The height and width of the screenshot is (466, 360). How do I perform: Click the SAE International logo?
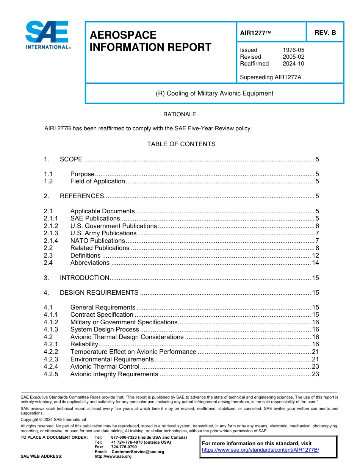pyautogui.click(x=47, y=35)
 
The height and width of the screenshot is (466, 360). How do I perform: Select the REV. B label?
pyautogui.click(x=325, y=33)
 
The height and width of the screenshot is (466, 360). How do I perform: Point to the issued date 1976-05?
pyautogui.click(x=293, y=50)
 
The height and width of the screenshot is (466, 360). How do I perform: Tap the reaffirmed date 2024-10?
pyautogui.click(x=293, y=64)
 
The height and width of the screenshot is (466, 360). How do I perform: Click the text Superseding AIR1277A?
pyautogui.click(x=271, y=77)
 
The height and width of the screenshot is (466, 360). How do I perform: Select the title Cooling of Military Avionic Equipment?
pyautogui.click(x=214, y=93)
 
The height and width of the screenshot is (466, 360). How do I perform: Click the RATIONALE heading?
pyautogui.click(x=180, y=114)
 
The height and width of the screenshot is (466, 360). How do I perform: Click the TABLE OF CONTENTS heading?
pyautogui.click(x=181, y=144)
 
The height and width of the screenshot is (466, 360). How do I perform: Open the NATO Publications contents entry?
pyautogui.click(x=97, y=241)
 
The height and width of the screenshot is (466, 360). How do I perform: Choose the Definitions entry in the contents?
pyautogui.click(x=85, y=255)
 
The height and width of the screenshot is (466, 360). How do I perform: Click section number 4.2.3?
pyautogui.click(x=51, y=359)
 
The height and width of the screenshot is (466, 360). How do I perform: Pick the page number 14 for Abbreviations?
pyautogui.click(x=315, y=263)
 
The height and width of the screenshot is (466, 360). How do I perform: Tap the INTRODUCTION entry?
pyautogui.click(x=85, y=278)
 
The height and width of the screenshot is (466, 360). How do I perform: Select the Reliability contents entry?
pyautogui.click(x=84, y=344)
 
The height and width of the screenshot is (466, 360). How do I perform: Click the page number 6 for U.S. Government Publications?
pyautogui.click(x=317, y=226)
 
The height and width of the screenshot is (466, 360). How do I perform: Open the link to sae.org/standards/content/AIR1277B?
pyautogui.click(x=260, y=450)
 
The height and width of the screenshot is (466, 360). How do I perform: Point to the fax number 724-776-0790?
pyautogui.click(x=124, y=447)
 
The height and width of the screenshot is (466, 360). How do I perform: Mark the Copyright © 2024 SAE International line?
pyautogui.click(x=53, y=420)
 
